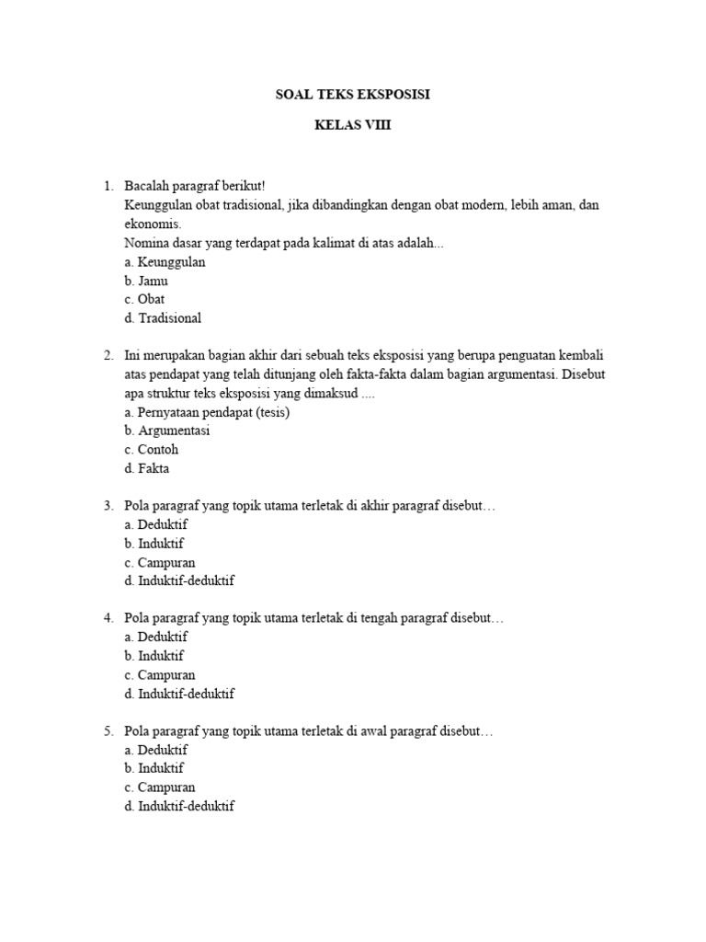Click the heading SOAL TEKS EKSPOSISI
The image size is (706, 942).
tap(353, 95)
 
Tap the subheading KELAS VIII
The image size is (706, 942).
tap(353, 126)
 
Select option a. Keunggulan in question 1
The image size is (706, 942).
tap(165, 262)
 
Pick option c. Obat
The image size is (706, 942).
tap(144, 300)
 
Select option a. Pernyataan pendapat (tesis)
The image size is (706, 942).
tap(207, 412)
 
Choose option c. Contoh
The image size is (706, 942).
tap(151, 450)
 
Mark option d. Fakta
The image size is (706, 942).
tap(147, 468)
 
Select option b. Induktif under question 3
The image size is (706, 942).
tap(154, 544)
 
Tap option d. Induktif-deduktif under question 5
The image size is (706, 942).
tap(179, 807)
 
